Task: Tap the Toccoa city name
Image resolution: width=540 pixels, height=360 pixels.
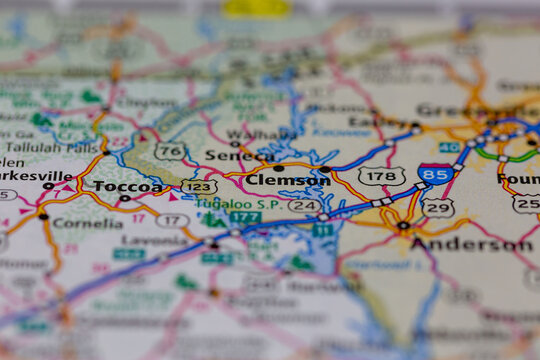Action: [127, 186]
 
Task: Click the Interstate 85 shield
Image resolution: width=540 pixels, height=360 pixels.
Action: [435, 175]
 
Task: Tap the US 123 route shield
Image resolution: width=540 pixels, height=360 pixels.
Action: [200, 186]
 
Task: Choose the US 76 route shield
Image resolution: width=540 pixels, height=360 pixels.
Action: [170, 151]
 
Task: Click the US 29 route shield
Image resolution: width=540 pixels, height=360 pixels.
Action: [437, 207]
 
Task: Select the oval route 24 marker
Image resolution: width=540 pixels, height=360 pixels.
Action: [304, 205]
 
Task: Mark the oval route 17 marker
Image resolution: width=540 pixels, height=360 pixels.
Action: [172, 220]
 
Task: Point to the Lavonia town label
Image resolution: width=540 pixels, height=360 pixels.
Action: [153, 240]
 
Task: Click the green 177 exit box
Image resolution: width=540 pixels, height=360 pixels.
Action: [244, 217]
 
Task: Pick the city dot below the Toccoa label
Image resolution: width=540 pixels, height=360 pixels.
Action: [124, 199]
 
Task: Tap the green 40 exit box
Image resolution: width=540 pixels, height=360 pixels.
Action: [450, 147]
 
